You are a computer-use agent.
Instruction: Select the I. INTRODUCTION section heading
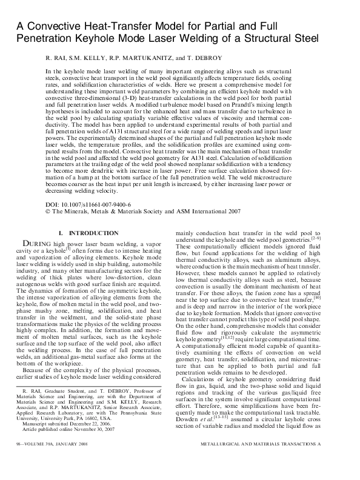click(x=88, y=233)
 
